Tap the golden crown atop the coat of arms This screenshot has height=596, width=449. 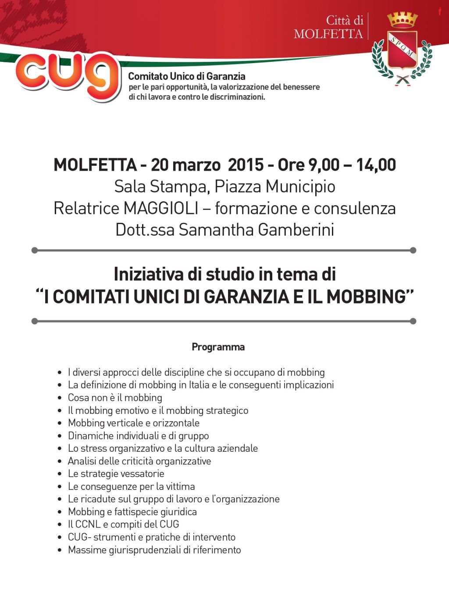(402, 20)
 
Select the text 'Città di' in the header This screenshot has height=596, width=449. (345, 20)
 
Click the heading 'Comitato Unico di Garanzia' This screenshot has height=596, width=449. (186, 76)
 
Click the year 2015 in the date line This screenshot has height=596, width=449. (246, 165)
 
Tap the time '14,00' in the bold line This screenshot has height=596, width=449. (376, 165)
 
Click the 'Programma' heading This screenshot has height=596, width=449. (218, 347)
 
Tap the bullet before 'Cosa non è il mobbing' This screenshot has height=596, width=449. (60, 398)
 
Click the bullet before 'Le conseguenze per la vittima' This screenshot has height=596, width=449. (60, 487)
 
